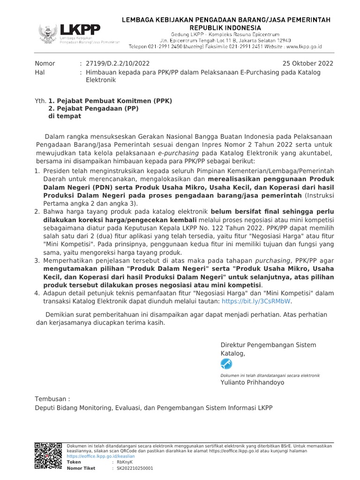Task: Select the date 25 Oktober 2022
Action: pyautogui.click(x=307, y=63)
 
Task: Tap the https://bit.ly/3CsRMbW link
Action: pyautogui.click(x=256, y=301)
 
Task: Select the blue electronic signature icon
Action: pyautogui.click(x=226, y=364)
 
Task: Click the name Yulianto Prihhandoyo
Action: pyautogui.click(x=252, y=382)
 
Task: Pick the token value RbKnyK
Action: pyautogui.click(x=121, y=462)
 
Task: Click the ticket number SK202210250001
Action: pyautogui.click(x=135, y=468)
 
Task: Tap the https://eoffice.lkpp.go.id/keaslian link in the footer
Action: pyautogui.click(x=101, y=456)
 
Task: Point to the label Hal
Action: pyautogui.click(x=40, y=72)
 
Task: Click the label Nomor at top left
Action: pyautogui.click(x=45, y=63)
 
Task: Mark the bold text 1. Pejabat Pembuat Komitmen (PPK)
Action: pyautogui.click(x=110, y=101)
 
